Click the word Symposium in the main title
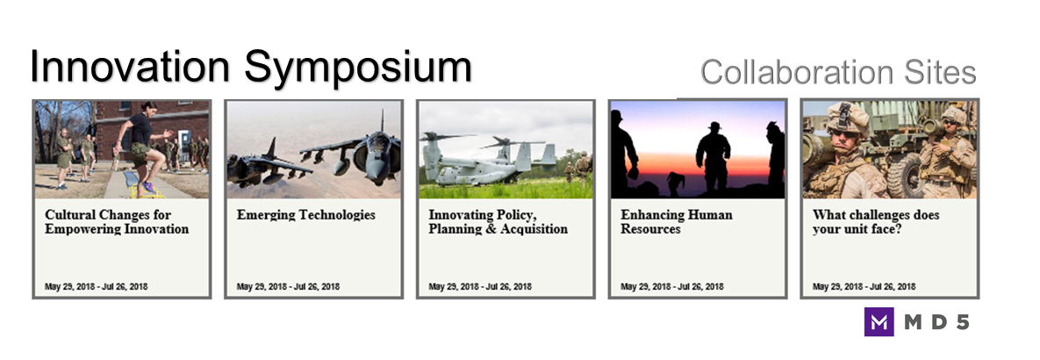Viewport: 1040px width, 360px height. [x=357, y=68]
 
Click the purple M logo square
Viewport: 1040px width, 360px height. [x=879, y=322]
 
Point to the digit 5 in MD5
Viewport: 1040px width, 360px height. [x=961, y=323]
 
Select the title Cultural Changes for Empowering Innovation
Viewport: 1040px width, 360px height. [x=117, y=222]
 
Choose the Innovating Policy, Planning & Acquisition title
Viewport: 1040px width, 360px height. [x=498, y=222]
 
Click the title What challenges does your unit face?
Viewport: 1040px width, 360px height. [x=876, y=222]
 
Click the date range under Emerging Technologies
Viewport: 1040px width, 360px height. [x=288, y=287]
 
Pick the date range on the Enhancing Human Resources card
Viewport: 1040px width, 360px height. [x=672, y=287]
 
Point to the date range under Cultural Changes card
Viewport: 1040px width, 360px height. [x=97, y=287]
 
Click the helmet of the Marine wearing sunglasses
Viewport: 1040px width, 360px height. [x=846, y=116]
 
